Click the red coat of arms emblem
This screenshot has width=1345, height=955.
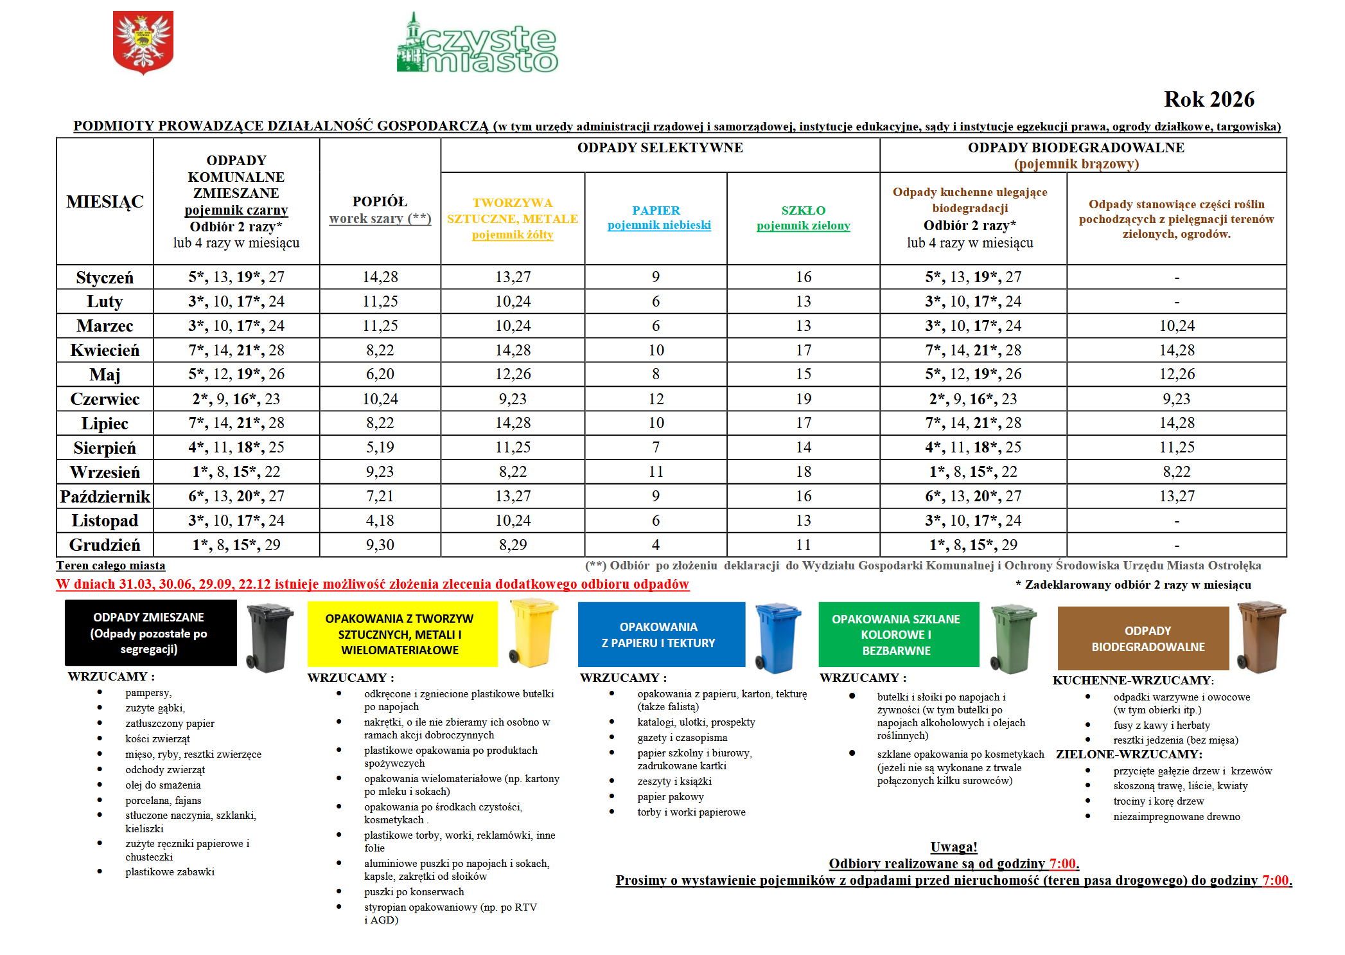(x=143, y=42)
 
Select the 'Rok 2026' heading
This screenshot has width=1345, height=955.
(x=1208, y=100)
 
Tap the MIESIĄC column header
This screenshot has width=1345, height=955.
(x=105, y=202)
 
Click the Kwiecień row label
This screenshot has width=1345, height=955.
(x=105, y=350)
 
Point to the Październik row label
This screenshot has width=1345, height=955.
(x=105, y=496)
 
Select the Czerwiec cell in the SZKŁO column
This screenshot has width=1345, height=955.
(x=804, y=399)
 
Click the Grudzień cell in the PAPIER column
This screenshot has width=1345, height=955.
(x=656, y=545)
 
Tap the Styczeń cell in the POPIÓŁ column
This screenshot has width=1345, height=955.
(x=380, y=277)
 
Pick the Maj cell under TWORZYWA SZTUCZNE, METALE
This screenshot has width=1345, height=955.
(x=513, y=374)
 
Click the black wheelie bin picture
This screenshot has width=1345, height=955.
(x=270, y=637)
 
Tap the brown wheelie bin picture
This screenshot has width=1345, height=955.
(x=1260, y=636)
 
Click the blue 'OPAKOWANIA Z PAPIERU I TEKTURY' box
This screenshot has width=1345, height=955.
(x=661, y=634)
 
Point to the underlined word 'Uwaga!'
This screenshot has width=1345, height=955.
(x=953, y=847)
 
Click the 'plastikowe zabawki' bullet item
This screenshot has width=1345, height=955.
(x=170, y=872)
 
